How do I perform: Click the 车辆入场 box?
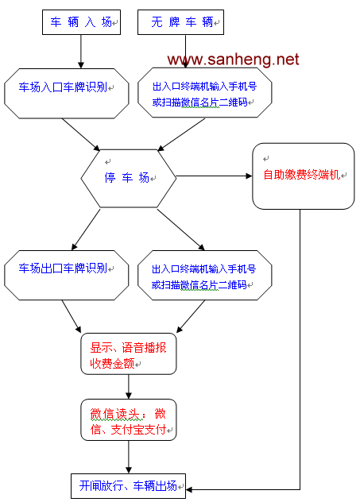pos(81,22)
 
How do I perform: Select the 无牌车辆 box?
pos(180,22)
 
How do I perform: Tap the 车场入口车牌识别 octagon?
pos(66,94)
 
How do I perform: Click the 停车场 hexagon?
pos(129,179)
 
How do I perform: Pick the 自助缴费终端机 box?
pos(304,176)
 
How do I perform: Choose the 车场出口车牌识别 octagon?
pos(66,275)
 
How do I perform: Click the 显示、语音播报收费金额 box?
pos(129,353)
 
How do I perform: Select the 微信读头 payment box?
pos(129,419)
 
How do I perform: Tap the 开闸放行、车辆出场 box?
pos(128,486)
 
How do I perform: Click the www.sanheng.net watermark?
pos(233,60)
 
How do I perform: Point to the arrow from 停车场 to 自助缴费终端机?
pos(215,176)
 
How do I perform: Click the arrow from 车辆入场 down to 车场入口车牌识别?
pos(81,52)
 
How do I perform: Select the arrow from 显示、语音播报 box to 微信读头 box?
pos(129,387)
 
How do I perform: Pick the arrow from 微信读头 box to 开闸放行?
pos(129,458)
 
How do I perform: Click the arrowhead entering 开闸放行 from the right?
pos(189,489)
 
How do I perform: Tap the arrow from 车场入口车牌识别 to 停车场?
pos(81,134)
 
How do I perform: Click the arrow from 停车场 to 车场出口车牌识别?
pos(86,230)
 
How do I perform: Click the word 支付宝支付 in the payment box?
pos(138,430)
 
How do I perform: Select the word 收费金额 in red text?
pos(112,363)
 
